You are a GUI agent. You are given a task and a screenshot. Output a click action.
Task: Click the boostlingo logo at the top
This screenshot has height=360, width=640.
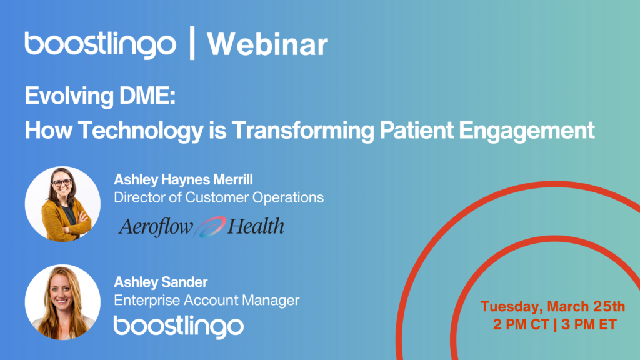click(x=101, y=44)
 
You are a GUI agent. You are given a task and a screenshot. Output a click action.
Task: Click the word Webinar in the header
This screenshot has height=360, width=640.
click(x=267, y=44)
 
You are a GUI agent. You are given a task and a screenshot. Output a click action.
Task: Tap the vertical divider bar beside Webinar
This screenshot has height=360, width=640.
click(x=192, y=43)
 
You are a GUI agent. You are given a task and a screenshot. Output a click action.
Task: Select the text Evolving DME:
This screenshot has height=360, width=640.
click(x=100, y=96)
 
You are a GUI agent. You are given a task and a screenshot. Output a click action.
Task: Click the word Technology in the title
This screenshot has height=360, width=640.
click(x=141, y=130)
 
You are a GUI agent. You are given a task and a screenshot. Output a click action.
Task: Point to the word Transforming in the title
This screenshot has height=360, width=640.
click(x=303, y=130)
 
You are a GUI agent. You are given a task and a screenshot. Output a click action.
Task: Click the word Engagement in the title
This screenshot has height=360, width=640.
click(x=526, y=130)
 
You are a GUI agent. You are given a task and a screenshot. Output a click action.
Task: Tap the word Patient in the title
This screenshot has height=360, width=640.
click(x=416, y=130)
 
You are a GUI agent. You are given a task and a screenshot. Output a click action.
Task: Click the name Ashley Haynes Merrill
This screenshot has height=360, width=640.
click(x=183, y=179)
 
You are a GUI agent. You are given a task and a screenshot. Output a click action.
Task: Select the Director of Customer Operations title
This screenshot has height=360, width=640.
click(x=219, y=197)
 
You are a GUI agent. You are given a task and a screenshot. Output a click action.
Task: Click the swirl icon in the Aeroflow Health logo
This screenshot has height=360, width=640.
click(x=209, y=227)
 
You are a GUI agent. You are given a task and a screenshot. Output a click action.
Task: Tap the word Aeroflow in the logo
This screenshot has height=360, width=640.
click(x=156, y=227)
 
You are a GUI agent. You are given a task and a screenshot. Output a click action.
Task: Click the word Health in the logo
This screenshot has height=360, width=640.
click(x=256, y=226)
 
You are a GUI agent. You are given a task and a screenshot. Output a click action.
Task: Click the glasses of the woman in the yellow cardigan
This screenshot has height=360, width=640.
click(x=62, y=183)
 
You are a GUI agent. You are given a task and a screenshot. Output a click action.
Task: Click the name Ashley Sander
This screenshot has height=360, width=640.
click(x=161, y=282)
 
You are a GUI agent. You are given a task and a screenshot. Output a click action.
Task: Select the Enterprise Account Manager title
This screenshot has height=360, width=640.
click(x=206, y=301)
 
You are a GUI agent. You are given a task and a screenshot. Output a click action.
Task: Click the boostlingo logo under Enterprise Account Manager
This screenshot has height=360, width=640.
click(x=179, y=326)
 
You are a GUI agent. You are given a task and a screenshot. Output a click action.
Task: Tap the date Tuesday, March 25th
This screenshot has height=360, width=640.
click(x=552, y=307)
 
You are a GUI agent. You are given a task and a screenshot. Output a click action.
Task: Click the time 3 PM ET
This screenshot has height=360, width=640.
click(x=589, y=324)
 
